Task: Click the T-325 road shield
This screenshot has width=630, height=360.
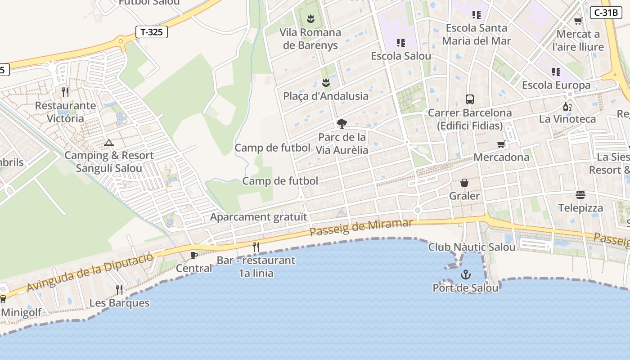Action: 152,32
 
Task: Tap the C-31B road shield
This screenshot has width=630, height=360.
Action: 606,13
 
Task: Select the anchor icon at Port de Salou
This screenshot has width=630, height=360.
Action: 465,274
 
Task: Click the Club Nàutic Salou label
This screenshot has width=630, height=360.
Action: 472,247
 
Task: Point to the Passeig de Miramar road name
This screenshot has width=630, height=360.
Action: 361,227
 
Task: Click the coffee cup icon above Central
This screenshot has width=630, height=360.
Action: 194,256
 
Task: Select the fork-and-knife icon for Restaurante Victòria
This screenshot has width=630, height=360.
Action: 66,92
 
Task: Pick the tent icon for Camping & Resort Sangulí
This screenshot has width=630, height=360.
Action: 108,143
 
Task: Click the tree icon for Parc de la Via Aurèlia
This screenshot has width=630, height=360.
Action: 342,124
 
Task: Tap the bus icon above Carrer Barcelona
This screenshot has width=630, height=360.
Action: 470,99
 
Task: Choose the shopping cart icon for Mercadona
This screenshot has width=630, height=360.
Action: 501,144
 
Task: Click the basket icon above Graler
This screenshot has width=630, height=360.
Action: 464,183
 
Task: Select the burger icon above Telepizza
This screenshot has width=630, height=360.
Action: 580,195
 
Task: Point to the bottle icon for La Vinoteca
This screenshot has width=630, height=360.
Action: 567,106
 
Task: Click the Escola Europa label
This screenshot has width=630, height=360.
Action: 556,85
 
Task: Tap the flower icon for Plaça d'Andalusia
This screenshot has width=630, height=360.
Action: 326,83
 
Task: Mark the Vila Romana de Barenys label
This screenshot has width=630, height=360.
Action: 310,39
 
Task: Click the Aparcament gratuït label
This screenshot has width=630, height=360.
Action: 259,217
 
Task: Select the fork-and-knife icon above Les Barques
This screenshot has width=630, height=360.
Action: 119,289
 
